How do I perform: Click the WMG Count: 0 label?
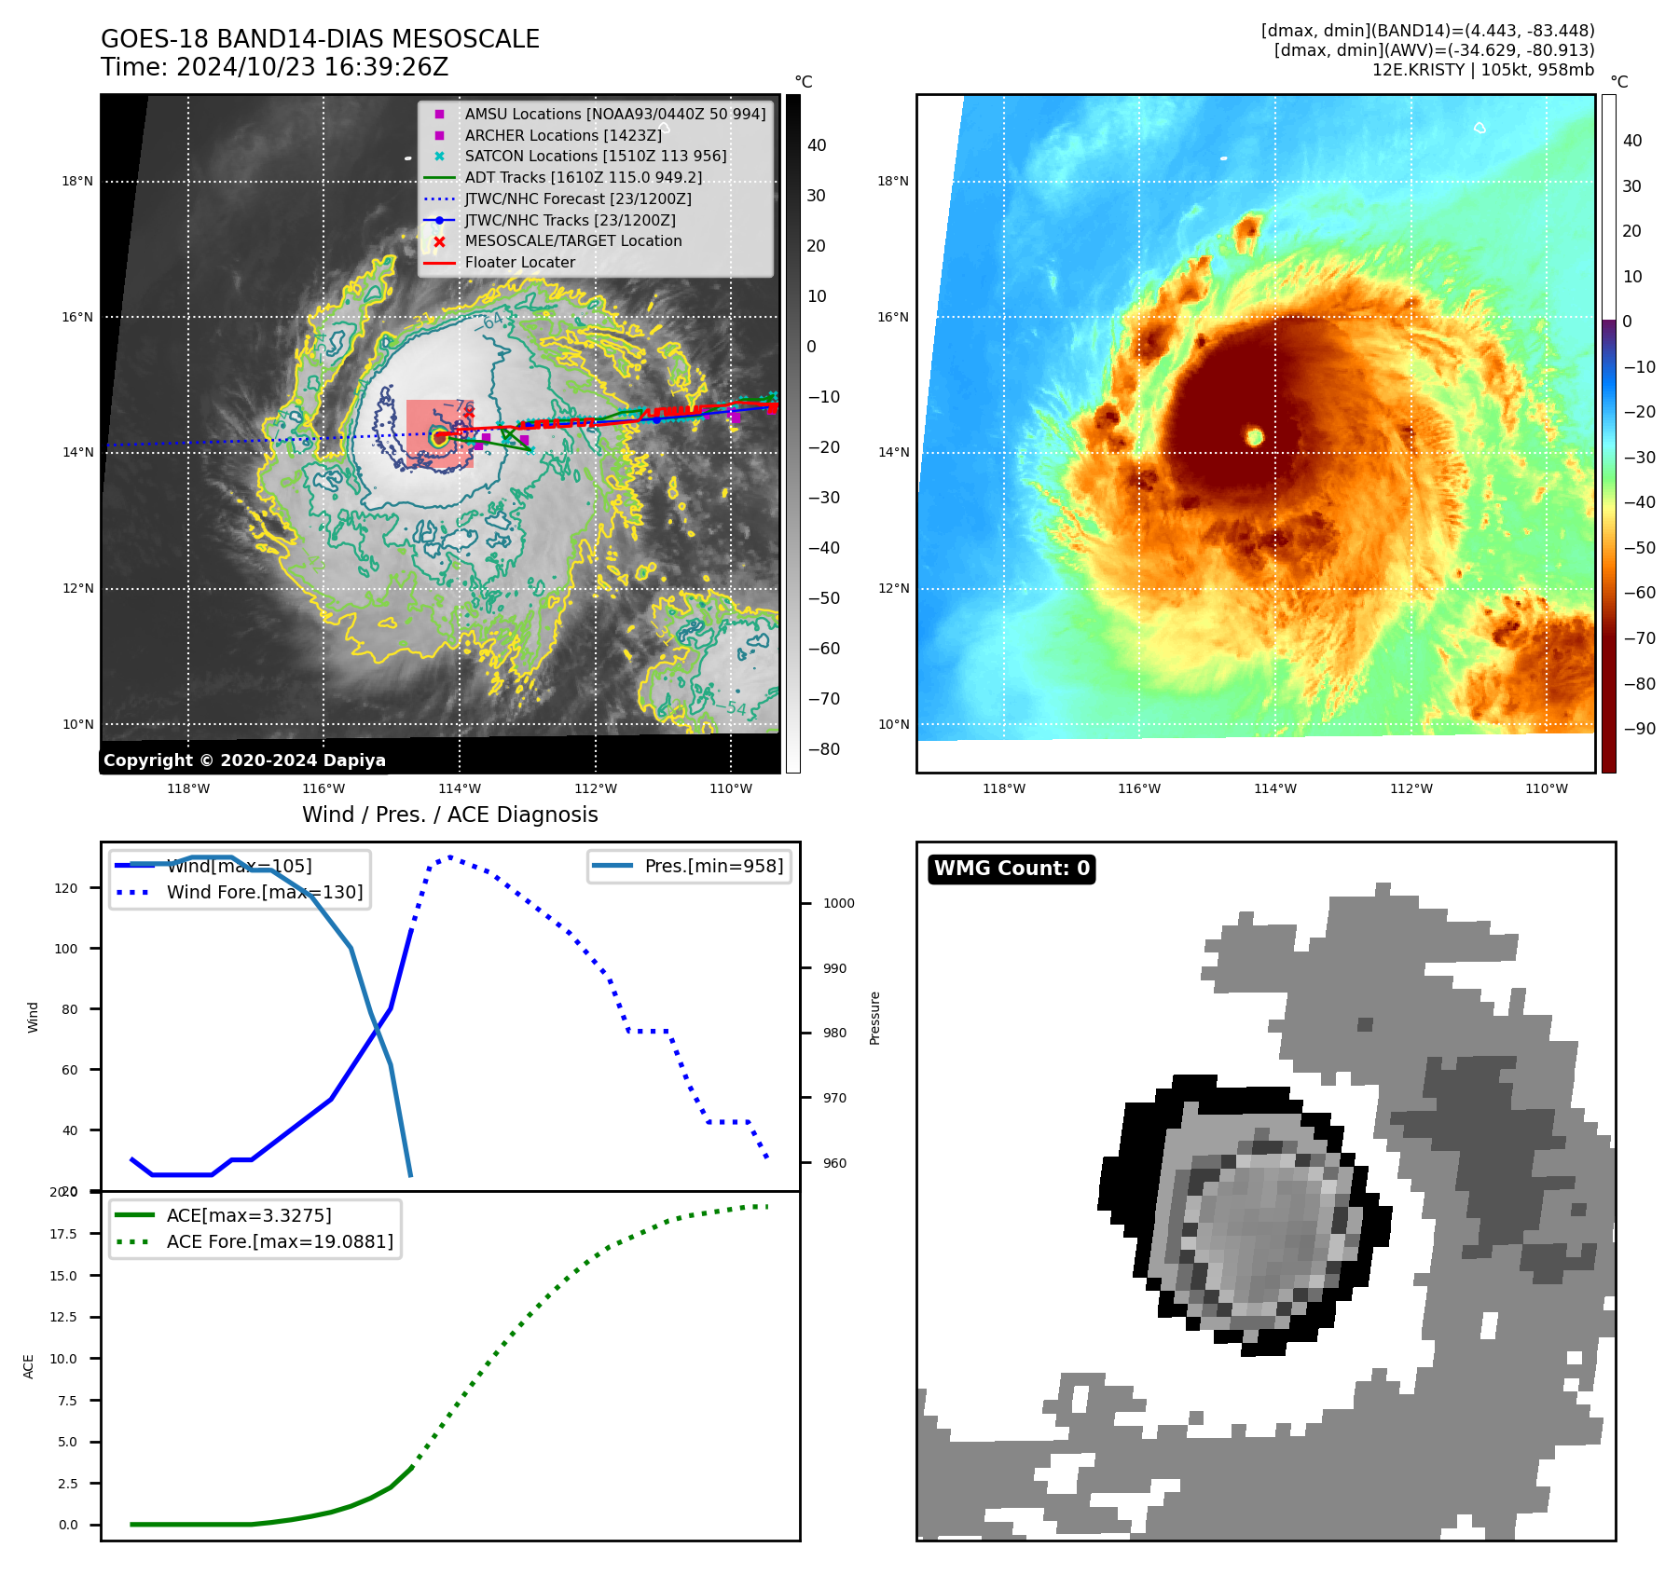tap(1012, 869)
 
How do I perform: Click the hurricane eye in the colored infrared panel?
tap(1255, 436)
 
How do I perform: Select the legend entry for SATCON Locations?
tap(595, 156)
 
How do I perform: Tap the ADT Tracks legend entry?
tap(583, 177)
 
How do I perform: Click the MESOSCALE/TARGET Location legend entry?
tap(572, 240)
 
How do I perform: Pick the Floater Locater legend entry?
tap(519, 262)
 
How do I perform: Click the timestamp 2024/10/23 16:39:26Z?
tap(311, 67)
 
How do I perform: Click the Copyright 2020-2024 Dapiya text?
tap(244, 760)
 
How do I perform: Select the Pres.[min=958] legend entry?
tap(713, 866)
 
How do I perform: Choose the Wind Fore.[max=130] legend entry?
tap(264, 892)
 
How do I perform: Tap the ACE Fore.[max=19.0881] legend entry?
tap(280, 1241)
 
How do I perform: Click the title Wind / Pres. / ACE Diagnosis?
tap(449, 815)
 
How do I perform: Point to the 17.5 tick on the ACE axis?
tap(64, 1233)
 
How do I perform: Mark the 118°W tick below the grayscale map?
tap(188, 788)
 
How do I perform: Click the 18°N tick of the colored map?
tap(893, 181)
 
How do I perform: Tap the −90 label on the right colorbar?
tap(1639, 729)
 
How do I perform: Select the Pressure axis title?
tap(874, 1018)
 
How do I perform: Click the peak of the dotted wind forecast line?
tap(450, 856)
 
